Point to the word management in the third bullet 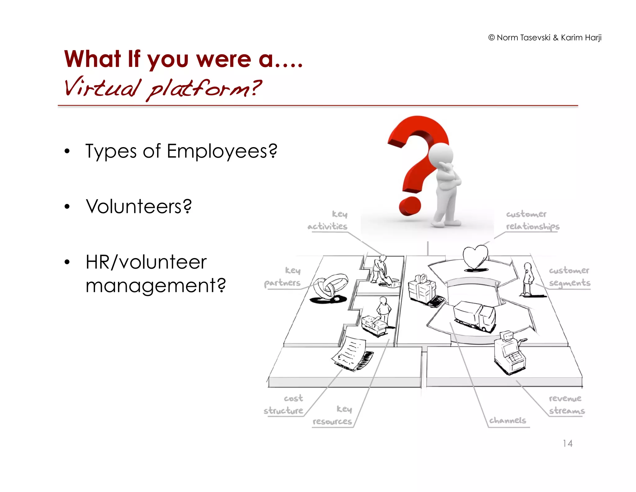coord(155,285)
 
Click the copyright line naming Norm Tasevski coord(545,38)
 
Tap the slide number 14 coord(567,443)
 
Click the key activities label coord(328,220)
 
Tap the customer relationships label coord(532,220)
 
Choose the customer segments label coord(569,277)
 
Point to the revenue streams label coord(566,405)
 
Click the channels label coord(507,420)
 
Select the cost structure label coord(284,405)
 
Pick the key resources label coord(332,415)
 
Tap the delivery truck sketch coord(474,316)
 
